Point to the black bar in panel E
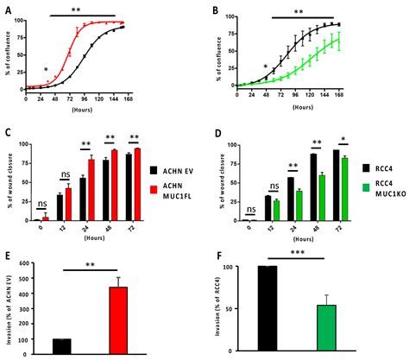[61, 345]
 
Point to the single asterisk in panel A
[46, 70]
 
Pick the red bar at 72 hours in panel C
[136, 184]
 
